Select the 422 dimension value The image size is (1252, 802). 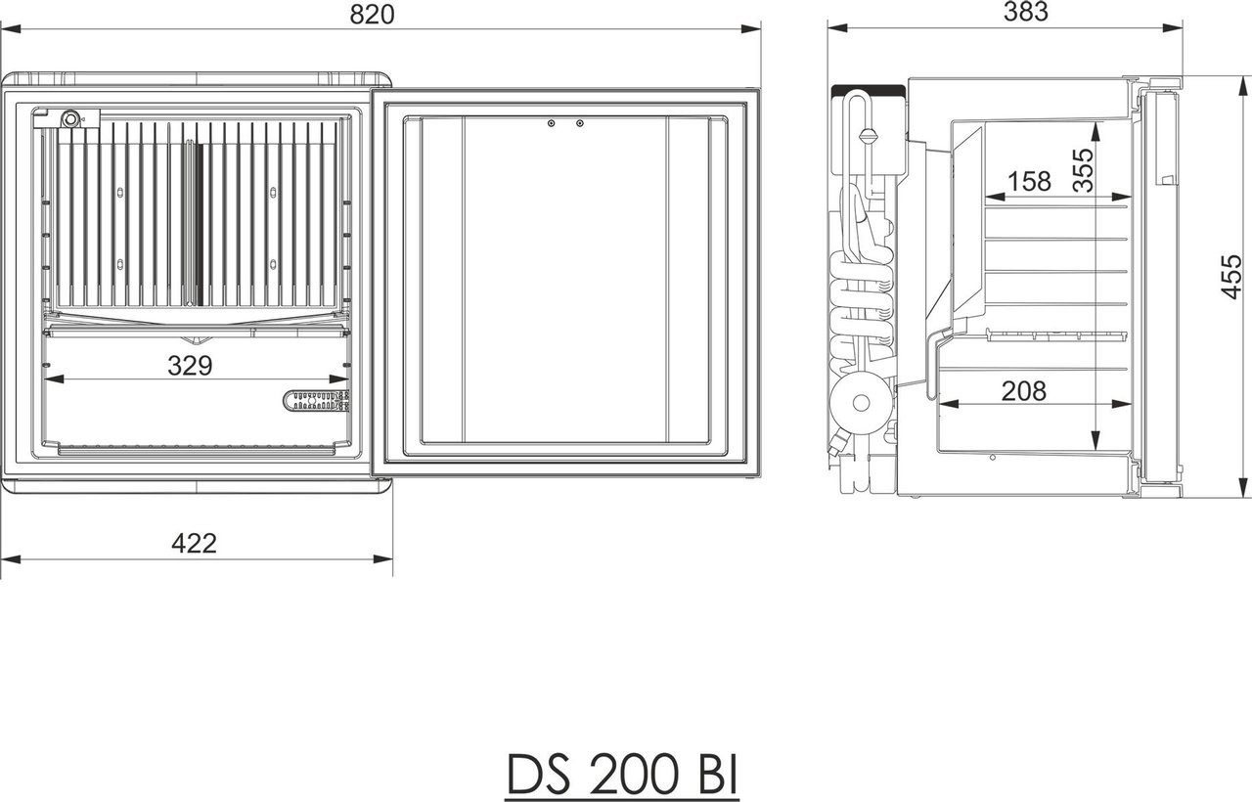click(194, 543)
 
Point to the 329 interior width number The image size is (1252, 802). click(190, 366)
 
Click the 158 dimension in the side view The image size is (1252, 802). click(1028, 181)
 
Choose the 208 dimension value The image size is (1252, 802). click(1023, 391)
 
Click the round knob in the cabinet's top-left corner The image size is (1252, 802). click(69, 119)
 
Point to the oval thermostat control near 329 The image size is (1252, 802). click(316, 400)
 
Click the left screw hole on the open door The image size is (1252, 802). click(552, 123)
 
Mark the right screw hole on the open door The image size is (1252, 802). click(580, 123)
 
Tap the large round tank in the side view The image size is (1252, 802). click(862, 401)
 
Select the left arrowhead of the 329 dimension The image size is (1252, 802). click(49, 379)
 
